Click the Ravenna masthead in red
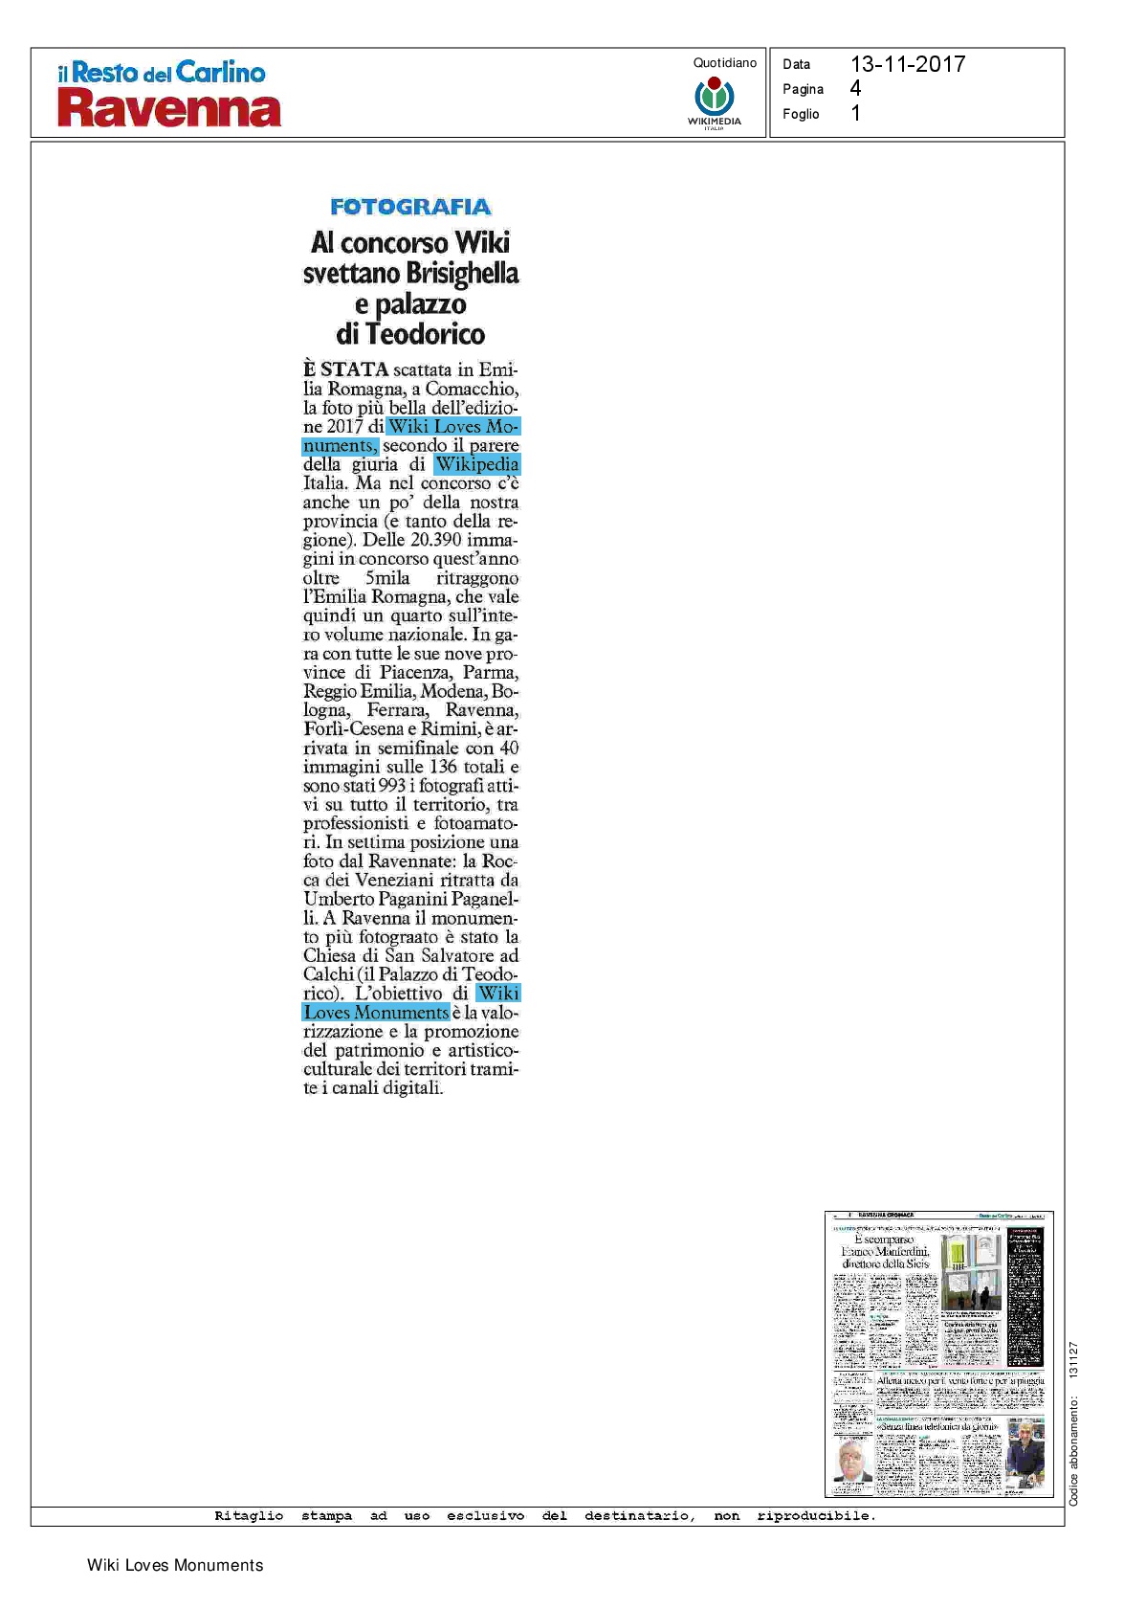click(169, 109)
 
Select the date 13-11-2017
click(907, 64)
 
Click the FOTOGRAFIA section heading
click(410, 207)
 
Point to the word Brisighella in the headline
click(462, 274)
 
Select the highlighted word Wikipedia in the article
click(476, 464)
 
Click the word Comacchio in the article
click(472, 389)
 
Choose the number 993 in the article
click(392, 786)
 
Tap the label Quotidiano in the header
click(724, 63)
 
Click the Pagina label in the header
click(803, 89)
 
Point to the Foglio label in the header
click(801, 114)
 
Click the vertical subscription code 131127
click(1073, 1359)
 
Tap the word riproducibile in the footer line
click(815, 1515)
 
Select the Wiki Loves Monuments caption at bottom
click(175, 1565)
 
